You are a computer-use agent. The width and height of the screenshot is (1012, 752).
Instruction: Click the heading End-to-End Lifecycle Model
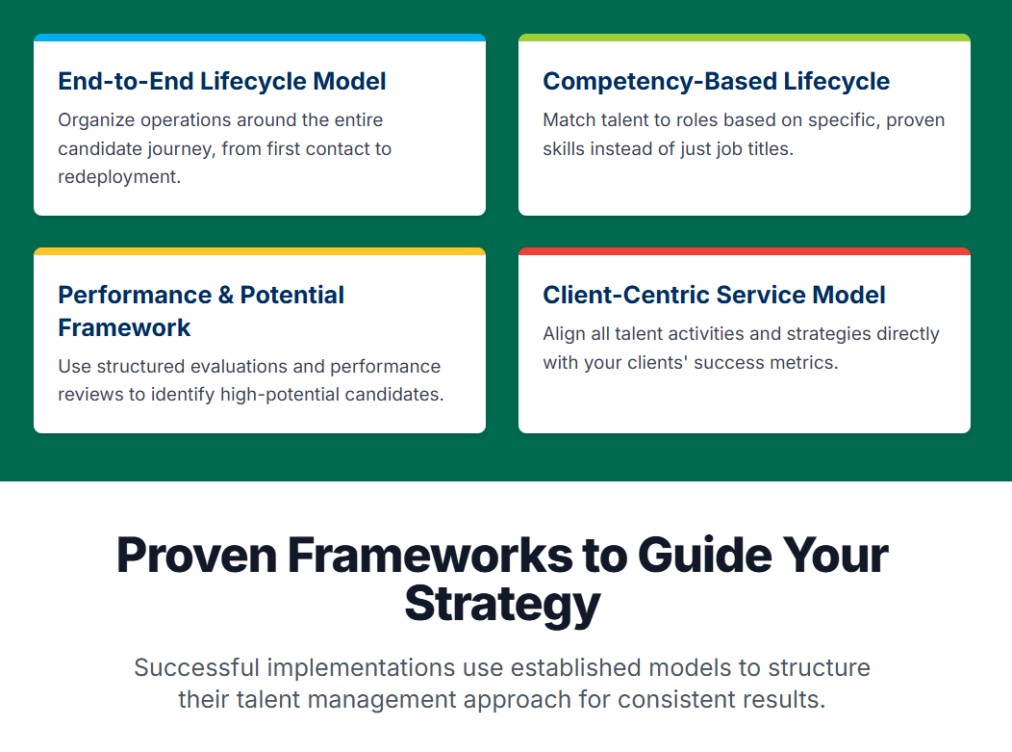tap(222, 82)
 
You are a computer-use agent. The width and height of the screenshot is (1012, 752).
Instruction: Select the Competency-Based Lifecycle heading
tap(717, 82)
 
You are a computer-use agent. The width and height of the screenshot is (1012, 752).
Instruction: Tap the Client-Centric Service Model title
tap(714, 295)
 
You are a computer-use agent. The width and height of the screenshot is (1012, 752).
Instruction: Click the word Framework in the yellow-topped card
tap(124, 327)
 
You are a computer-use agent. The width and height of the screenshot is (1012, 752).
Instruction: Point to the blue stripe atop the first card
tap(260, 38)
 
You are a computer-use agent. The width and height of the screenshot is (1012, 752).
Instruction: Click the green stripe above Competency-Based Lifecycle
tap(745, 38)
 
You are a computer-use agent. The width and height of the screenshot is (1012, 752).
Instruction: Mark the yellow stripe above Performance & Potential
tap(260, 251)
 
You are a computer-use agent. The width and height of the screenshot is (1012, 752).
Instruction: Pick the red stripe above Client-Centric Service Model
tap(745, 251)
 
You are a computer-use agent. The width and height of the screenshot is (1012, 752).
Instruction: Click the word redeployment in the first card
tap(119, 177)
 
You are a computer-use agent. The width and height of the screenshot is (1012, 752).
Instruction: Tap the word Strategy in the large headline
tap(503, 604)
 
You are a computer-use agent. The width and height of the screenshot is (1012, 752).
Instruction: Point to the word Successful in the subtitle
tap(197, 667)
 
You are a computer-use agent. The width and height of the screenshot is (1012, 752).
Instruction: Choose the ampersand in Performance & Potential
tap(226, 296)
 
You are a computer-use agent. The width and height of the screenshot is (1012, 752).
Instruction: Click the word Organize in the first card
tap(96, 120)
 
